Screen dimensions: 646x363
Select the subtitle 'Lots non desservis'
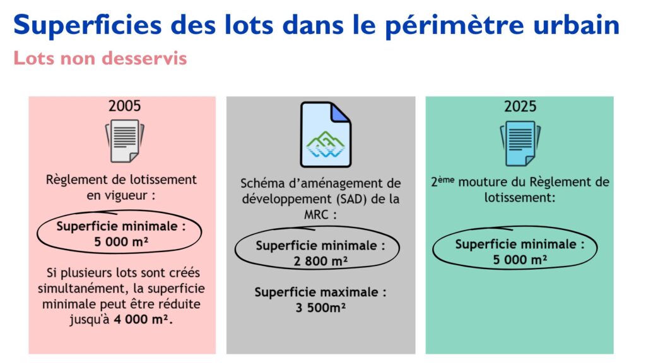(x=100, y=58)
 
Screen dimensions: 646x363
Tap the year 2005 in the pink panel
(x=124, y=106)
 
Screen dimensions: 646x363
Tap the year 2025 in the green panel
(x=520, y=106)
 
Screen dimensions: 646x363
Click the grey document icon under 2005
(x=125, y=141)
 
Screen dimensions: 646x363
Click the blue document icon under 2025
(x=520, y=143)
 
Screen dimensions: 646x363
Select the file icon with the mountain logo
(x=326, y=135)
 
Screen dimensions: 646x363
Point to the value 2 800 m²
(x=320, y=261)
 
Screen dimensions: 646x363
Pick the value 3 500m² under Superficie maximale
(x=320, y=308)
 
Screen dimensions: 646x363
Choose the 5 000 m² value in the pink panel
(x=121, y=241)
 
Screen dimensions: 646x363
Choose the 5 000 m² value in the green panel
(x=520, y=260)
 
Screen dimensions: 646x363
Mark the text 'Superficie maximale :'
(x=320, y=292)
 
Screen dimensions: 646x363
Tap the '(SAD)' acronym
(x=352, y=199)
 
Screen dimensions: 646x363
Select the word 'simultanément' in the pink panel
(x=80, y=288)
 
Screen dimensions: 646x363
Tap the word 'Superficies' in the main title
(x=87, y=25)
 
